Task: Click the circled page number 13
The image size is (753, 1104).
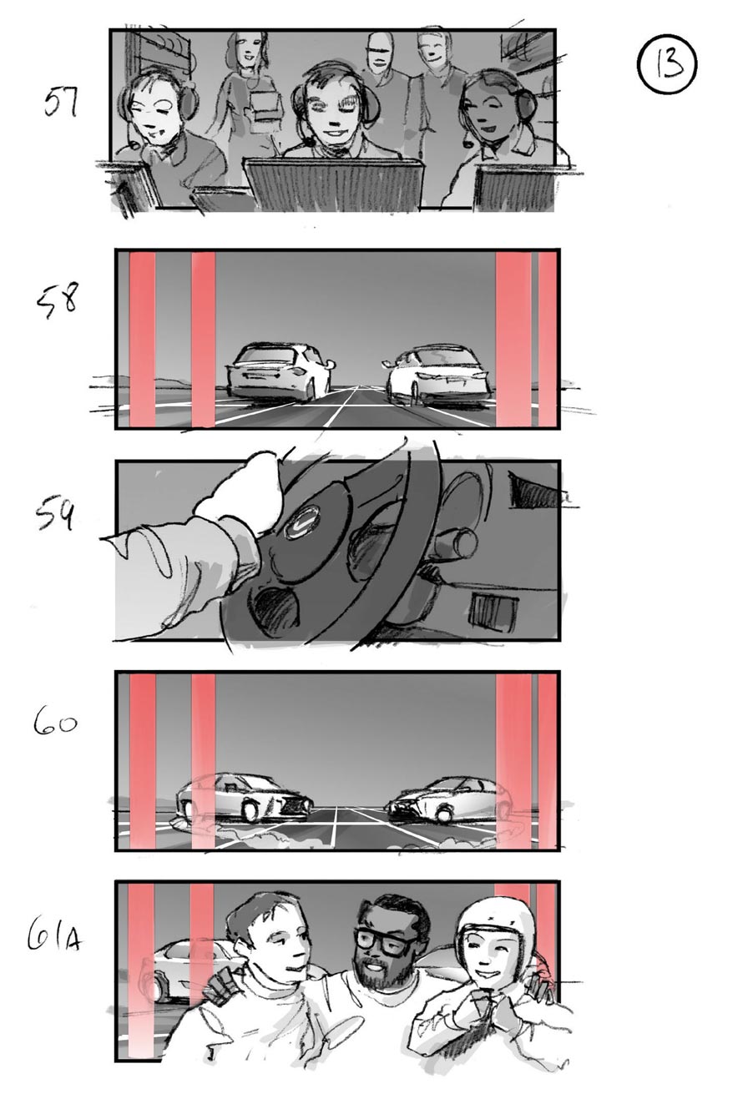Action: pyautogui.click(x=667, y=63)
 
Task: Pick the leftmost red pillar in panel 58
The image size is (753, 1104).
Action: pyautogui.click(x=142, y=340)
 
